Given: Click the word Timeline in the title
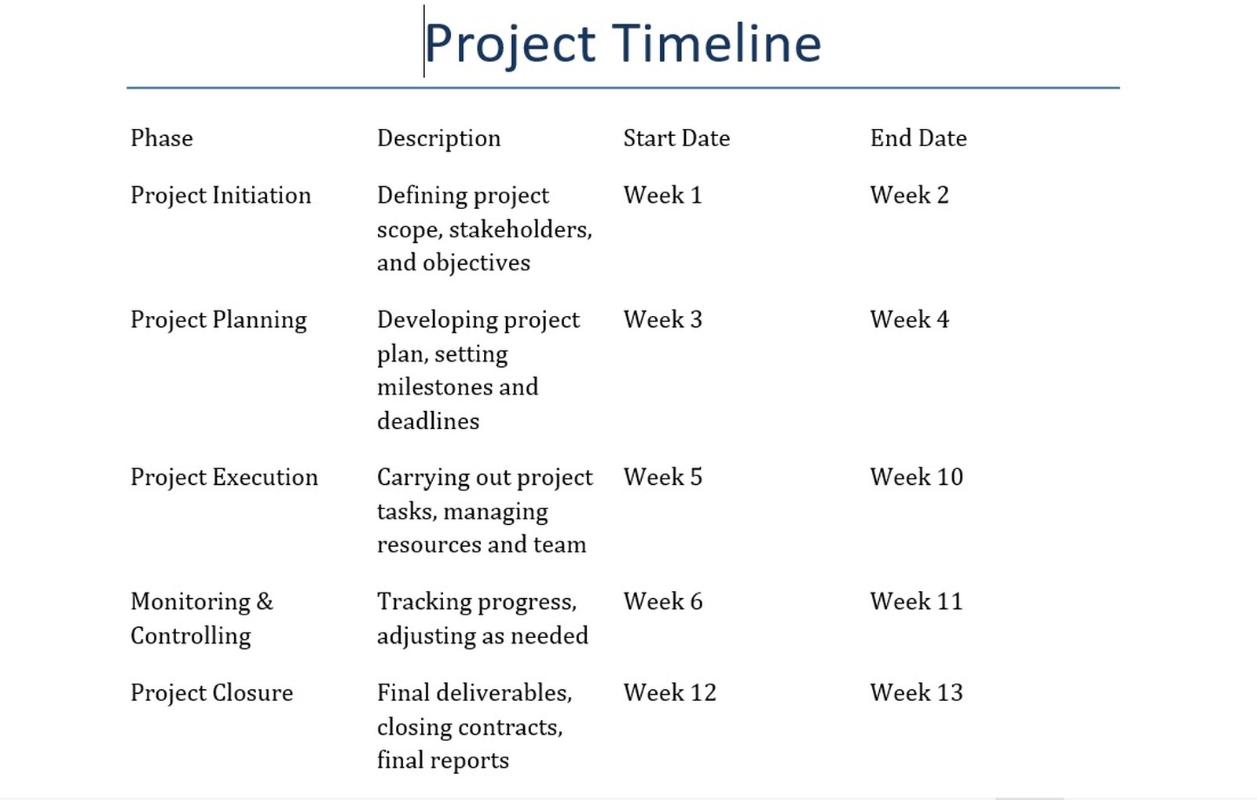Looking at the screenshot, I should [x=716, y=43].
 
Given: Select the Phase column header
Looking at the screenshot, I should [x=162, y=138].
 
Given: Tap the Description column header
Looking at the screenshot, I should [x=438, y=138].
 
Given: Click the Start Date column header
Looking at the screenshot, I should [x=676, y=138].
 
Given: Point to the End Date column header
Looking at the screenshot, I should [x=918, y=138].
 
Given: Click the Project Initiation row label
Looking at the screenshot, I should [x=221, y=195].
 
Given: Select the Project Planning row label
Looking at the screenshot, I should [x=218, y=320].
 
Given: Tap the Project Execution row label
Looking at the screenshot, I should [x=224, y=477].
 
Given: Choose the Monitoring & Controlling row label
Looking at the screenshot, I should [x=201, y=618].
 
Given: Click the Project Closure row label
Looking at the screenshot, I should [x=211, y=692].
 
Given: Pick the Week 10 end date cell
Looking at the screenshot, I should [x=916, y=477].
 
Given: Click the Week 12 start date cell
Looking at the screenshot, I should [x=669, y=692].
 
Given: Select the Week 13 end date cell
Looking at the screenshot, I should [x=916, y=692].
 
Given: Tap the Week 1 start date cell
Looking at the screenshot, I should [x=662, y=195].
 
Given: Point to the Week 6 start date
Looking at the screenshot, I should [x=662, y=601].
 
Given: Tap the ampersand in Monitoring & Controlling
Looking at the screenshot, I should [x=265, y=601].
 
